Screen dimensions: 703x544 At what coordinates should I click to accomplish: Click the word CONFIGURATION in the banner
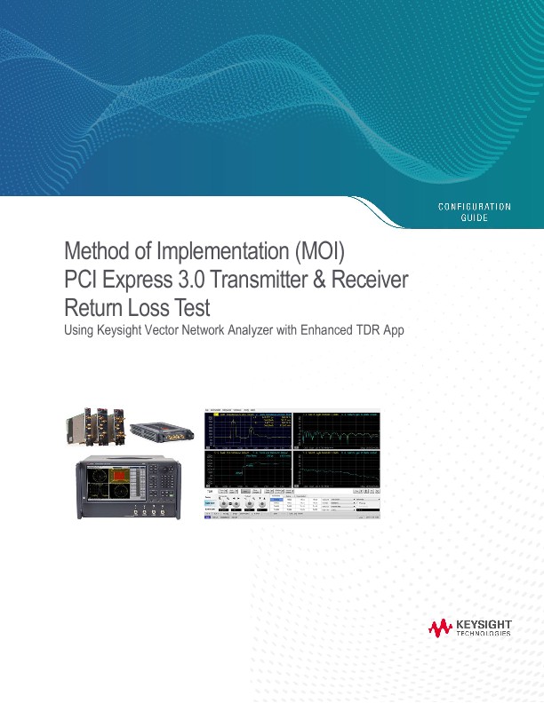click(x=476, y=207)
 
